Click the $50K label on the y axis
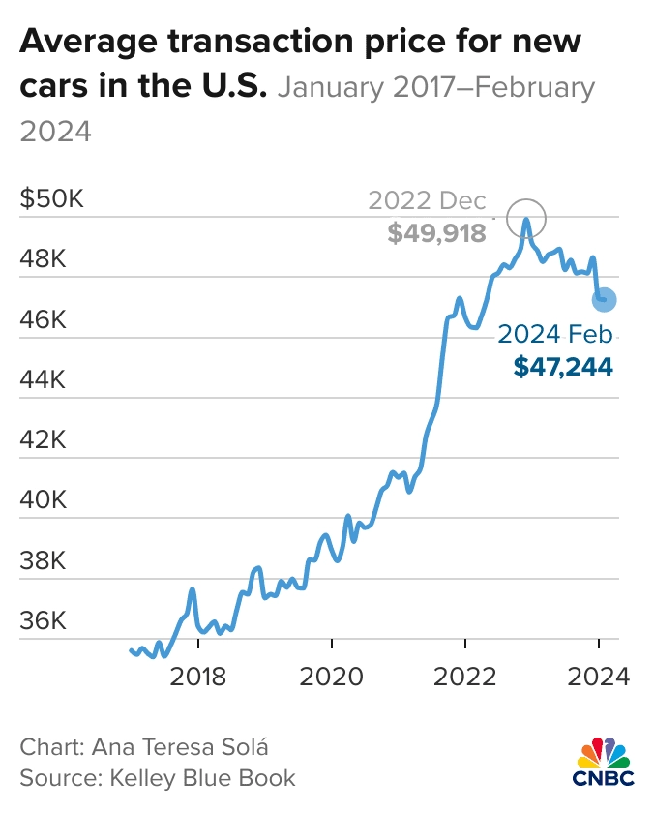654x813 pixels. tap(53, 200)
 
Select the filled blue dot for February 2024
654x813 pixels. tap(604, 300)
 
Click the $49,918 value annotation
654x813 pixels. tap(438, 232)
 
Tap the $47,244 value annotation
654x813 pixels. tap(564, 366)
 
